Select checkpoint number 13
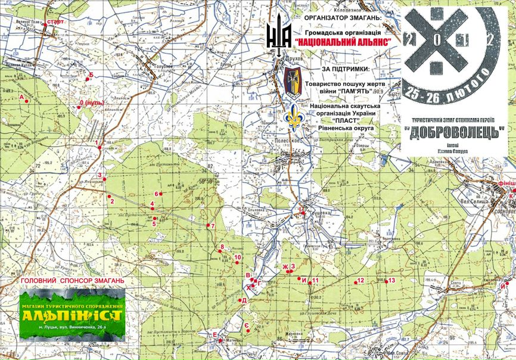[391, 280]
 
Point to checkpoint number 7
[211, 226]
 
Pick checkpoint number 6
[157, 194]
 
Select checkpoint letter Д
[244, 300]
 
